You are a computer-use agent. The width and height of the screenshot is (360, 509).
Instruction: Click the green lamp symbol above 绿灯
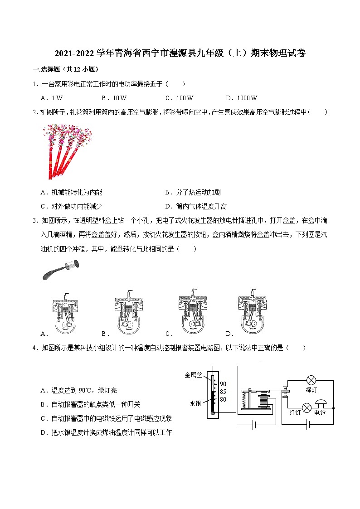[x=311, y=380]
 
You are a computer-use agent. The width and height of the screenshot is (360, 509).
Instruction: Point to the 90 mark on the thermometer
[x=223, y=384]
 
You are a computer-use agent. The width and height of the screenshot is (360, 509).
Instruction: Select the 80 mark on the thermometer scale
[x=223, y=399]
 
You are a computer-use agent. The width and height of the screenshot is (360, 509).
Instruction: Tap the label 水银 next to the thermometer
[x=195, y=403]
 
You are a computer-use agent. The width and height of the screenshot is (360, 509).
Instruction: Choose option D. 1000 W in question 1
[x=242, y=98]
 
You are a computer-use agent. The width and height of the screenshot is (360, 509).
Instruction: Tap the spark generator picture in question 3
[x=60, y=269]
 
